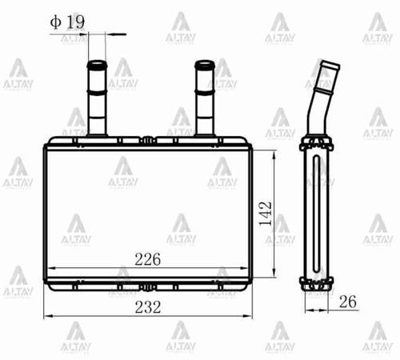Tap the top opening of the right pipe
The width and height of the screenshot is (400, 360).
tap(204, 63)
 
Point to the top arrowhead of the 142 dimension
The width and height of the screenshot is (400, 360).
tap(275, 153)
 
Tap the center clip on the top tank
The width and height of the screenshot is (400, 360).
tap(149, 142)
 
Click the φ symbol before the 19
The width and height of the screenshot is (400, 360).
tap(54, 22)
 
